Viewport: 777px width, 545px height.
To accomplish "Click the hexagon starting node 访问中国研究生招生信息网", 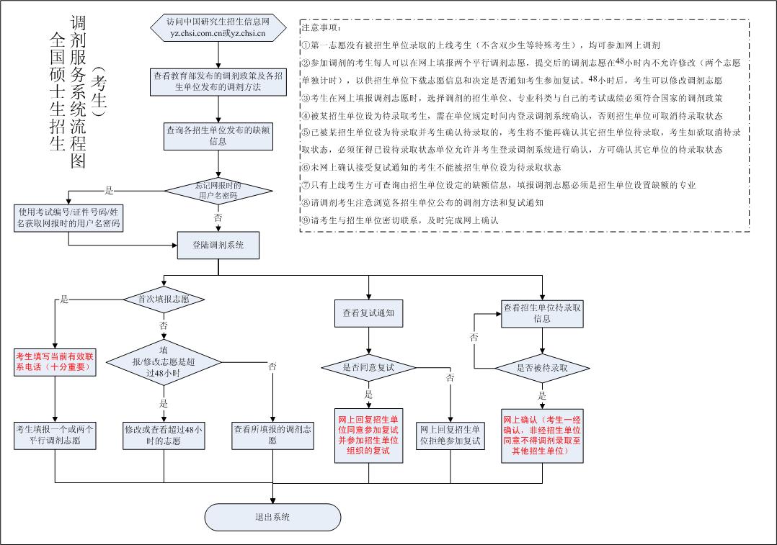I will (x=212, y=28).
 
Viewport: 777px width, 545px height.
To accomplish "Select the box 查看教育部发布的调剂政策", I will (x=212, y=81).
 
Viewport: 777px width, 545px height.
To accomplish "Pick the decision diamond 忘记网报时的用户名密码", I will (x=218, y=191).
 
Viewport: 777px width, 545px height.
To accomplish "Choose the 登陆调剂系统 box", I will (x=218, y=246).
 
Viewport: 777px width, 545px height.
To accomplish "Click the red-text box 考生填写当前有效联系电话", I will (x=55, y=361).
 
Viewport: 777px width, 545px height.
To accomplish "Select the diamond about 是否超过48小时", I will (x=164, y=362).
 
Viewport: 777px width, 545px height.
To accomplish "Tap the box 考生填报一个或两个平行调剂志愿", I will (x=55, y=434).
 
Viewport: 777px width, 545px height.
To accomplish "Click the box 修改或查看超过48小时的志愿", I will (x=164, y=434).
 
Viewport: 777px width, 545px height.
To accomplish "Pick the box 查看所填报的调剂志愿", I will (x=272, y=434).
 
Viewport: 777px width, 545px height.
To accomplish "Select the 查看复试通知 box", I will (x=368, y=313).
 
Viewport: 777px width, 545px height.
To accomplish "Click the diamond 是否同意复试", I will (x=368, y=368).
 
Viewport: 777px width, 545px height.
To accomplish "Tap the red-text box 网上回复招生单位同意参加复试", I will (x=368, y=434).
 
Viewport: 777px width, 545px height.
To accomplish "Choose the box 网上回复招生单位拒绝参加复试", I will (x=450, y=434).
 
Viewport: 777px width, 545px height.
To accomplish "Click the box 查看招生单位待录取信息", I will (x=542, y=313).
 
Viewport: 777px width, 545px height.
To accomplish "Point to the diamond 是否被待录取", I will (x=542, y=368).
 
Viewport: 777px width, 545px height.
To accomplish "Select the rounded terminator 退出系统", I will (x=272, y=517).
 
